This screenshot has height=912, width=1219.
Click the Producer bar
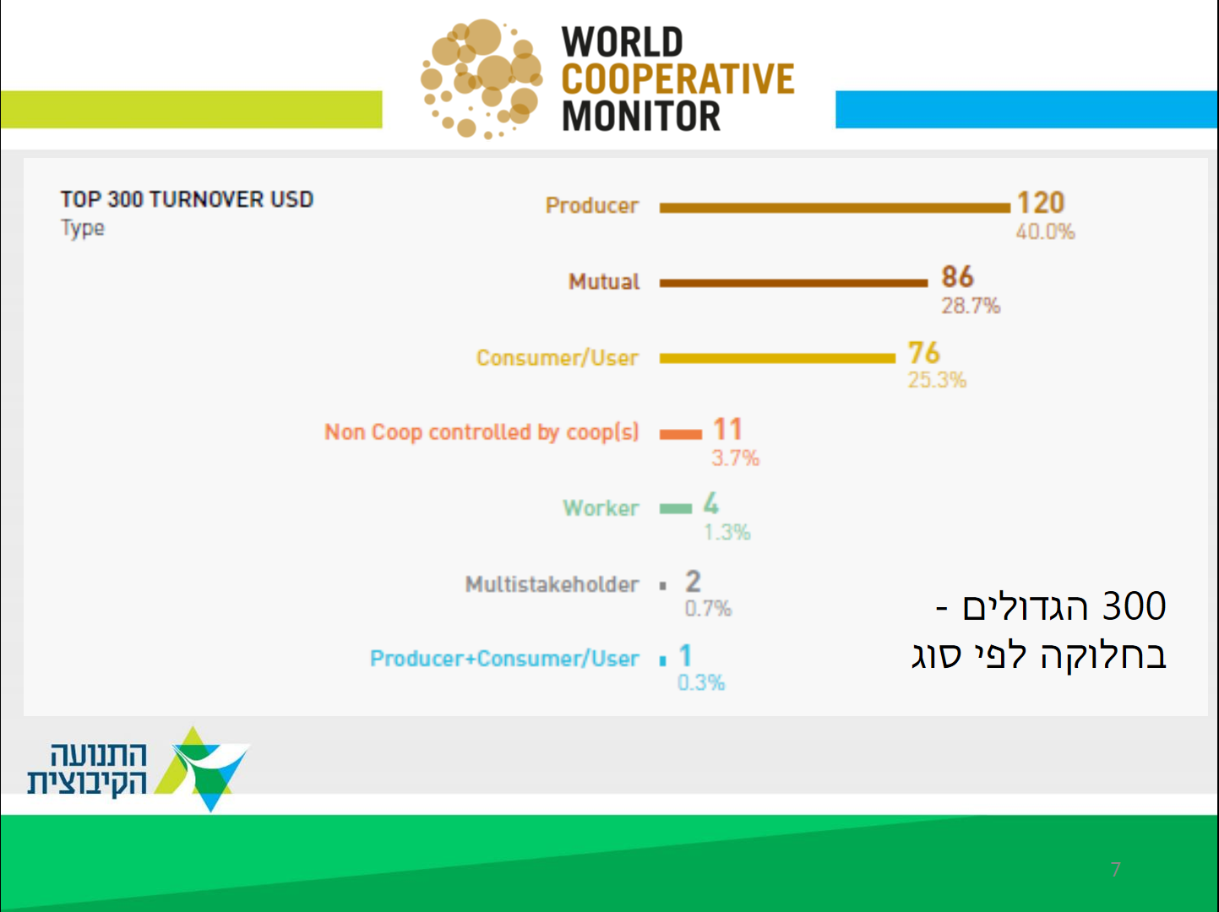[x=835, y=208]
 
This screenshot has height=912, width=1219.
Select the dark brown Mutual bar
[x=793, y=283]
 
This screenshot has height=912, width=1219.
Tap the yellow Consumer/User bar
[x=777, y=359]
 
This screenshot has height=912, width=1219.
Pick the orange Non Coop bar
[x=681, y=434]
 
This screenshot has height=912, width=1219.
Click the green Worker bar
[x=675, y=508]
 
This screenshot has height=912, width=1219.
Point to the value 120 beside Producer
[x=1040, y=203]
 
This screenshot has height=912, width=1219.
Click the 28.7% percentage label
[x=971, y=306]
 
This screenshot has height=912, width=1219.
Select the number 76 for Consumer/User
[x=923, y=352]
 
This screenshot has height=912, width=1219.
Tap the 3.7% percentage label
[x=735, y=459]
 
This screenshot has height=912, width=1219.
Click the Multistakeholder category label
[x=552, y=584]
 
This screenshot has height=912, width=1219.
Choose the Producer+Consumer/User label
[x=505, y=659]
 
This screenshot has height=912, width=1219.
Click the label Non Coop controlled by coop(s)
[x=482, y=432]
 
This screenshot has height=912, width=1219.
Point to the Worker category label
[x=601, y=508]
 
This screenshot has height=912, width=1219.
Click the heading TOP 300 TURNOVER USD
[x=188, y=199]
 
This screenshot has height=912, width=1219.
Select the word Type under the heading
[x=82, y=228]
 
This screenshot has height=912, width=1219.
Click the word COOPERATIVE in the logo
[x=678, y=79]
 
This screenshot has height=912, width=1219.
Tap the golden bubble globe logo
[x=482, y=79]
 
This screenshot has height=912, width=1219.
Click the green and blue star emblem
[x=202, y=769]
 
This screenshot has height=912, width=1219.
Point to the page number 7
[x=1116, y=870]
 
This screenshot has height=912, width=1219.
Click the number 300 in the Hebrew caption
[x=1134, y=605]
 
